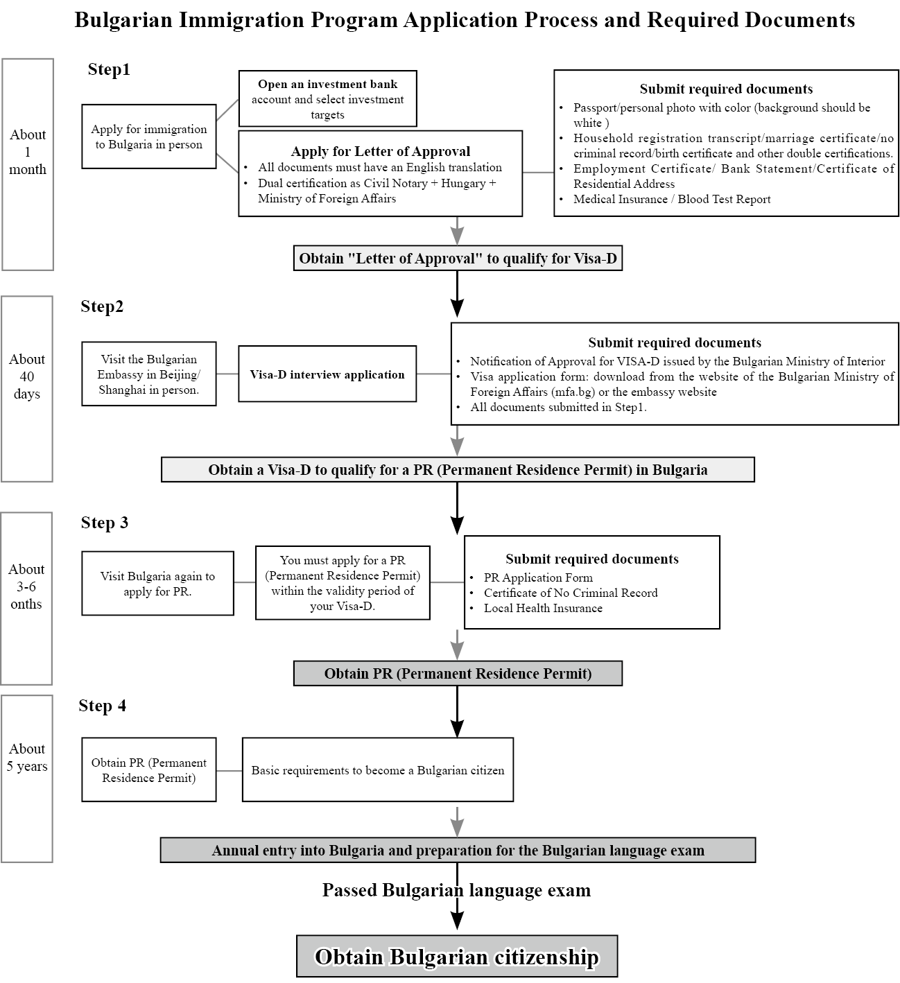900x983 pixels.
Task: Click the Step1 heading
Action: click(109, 69)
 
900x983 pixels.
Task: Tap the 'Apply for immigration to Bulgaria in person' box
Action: click(149, 137)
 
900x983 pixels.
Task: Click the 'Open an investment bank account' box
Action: click(327, 98)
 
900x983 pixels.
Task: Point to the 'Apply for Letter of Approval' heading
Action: click(381, 151)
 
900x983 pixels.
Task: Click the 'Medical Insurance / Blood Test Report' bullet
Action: click(672, 199)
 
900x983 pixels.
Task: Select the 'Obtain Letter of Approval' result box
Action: click(458, 259)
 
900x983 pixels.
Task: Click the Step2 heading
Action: click(102, 307)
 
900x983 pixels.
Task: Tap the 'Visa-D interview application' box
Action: click(327, 374)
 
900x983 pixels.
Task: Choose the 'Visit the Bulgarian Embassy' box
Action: click(149, 374)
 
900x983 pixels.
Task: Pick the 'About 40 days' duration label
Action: click(27, 376)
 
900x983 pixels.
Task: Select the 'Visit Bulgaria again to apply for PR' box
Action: click(158, 584)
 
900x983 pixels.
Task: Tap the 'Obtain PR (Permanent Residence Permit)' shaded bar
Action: click(458, 673)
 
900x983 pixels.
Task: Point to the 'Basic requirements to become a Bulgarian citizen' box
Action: click(378, 770)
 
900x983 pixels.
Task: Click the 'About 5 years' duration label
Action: click(27, 758)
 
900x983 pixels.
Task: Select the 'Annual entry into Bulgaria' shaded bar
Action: click(458, 850)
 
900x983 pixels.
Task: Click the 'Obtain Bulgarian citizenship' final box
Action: click(457, 957)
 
